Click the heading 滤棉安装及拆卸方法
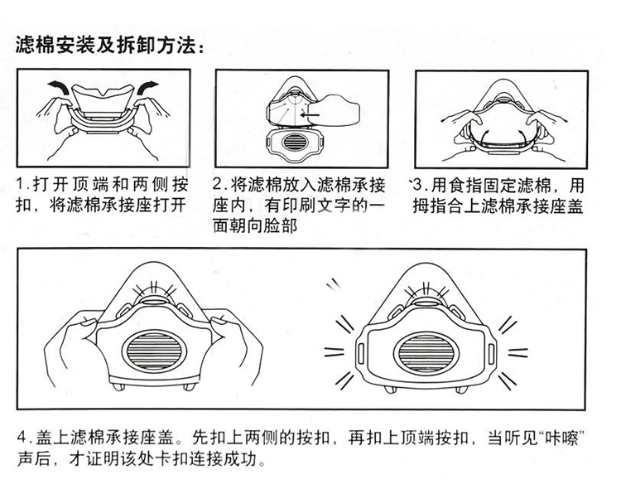point(107,45)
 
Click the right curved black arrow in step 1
point(147,86)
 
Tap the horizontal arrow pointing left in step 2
point(310,115)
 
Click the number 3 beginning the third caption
point(418,185)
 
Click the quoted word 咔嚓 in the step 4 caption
point(561,438)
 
